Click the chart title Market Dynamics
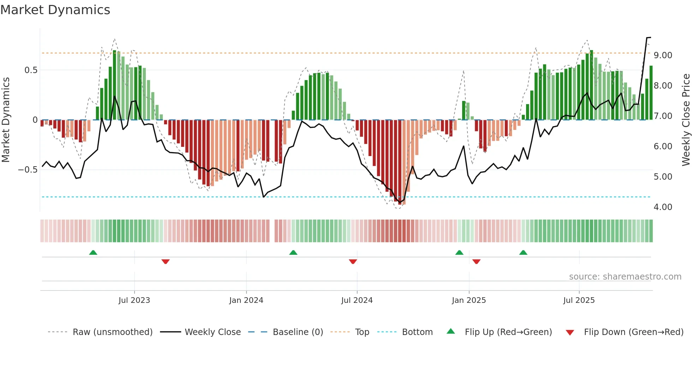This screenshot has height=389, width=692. coord(55,10)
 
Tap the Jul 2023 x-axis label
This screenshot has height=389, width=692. coord(134,300)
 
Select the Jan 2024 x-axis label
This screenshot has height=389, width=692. coord(246,300)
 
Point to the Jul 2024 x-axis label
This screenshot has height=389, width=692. coord(357,300)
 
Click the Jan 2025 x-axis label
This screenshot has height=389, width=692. coord(469,300)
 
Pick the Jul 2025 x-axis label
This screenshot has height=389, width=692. coord(579,300)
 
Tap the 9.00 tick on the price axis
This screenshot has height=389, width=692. coord(663,55)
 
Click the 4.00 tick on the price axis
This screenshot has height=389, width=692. coord(663,207)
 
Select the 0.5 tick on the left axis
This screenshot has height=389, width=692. coord(31,70)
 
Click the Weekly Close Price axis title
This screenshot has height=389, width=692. coord(686,120)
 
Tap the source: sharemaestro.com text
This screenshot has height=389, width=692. coord(625,277)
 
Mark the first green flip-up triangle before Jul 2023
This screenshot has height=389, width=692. coord(93,253)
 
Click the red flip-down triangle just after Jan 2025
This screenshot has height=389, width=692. coord(476,262)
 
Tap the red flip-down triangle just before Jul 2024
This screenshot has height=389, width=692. coord(353,262)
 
